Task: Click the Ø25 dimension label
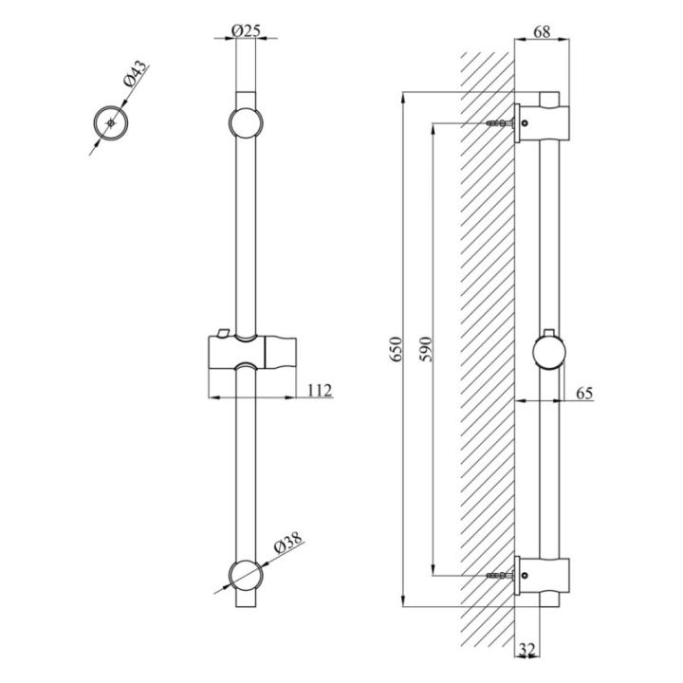[x=246, y=31]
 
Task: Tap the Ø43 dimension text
[x=136, y=74]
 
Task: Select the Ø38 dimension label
[x=288, y=543]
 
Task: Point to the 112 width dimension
[x=320, y=390]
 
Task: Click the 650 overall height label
[x=397, y=349]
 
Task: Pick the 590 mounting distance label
[x=426, y=349]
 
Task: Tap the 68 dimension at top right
[x=542, y=32]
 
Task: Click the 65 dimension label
[x=584, y=394]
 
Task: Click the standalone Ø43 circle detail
[x=111, y=123]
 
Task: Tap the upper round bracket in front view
[x=246, y=122]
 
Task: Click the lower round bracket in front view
[x=246, y=577]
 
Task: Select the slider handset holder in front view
[x=252, y=351]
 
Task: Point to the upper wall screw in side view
[x=500, y=123]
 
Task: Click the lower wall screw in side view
[x=500, y=576]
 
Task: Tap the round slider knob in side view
[x=549, y=352]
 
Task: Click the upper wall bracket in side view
[x=542, y=122]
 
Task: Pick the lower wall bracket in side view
[x=542, y=576]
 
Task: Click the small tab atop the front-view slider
[x=223, y=333]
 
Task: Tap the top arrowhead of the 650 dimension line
[x=404, y=98]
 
